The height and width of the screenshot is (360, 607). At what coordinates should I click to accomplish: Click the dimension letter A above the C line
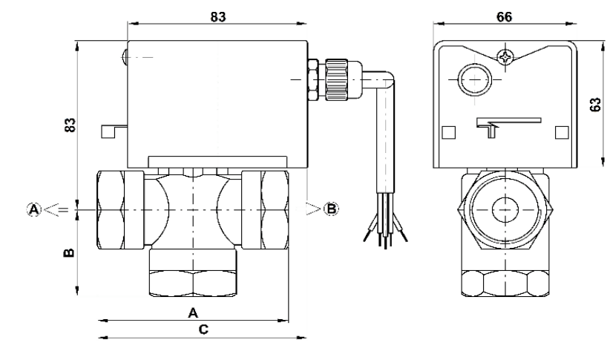pos(193,312)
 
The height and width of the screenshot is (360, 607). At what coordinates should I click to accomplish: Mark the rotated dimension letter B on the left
pos(69,253)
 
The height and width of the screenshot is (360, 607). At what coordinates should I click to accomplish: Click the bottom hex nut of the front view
pos(193,282)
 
